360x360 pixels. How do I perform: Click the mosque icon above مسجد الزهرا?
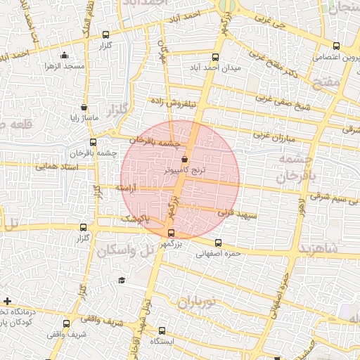tap(64, 56)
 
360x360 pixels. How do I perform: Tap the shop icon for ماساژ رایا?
tap(84, 108)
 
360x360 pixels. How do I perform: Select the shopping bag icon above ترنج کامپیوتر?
tap(184, 159)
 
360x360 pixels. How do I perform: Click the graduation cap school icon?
tap(122, 281)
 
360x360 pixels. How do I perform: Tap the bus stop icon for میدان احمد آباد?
tap(215, 58)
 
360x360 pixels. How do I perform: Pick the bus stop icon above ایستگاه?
tap(162, 330)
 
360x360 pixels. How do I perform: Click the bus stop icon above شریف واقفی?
tap(66, 324)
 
